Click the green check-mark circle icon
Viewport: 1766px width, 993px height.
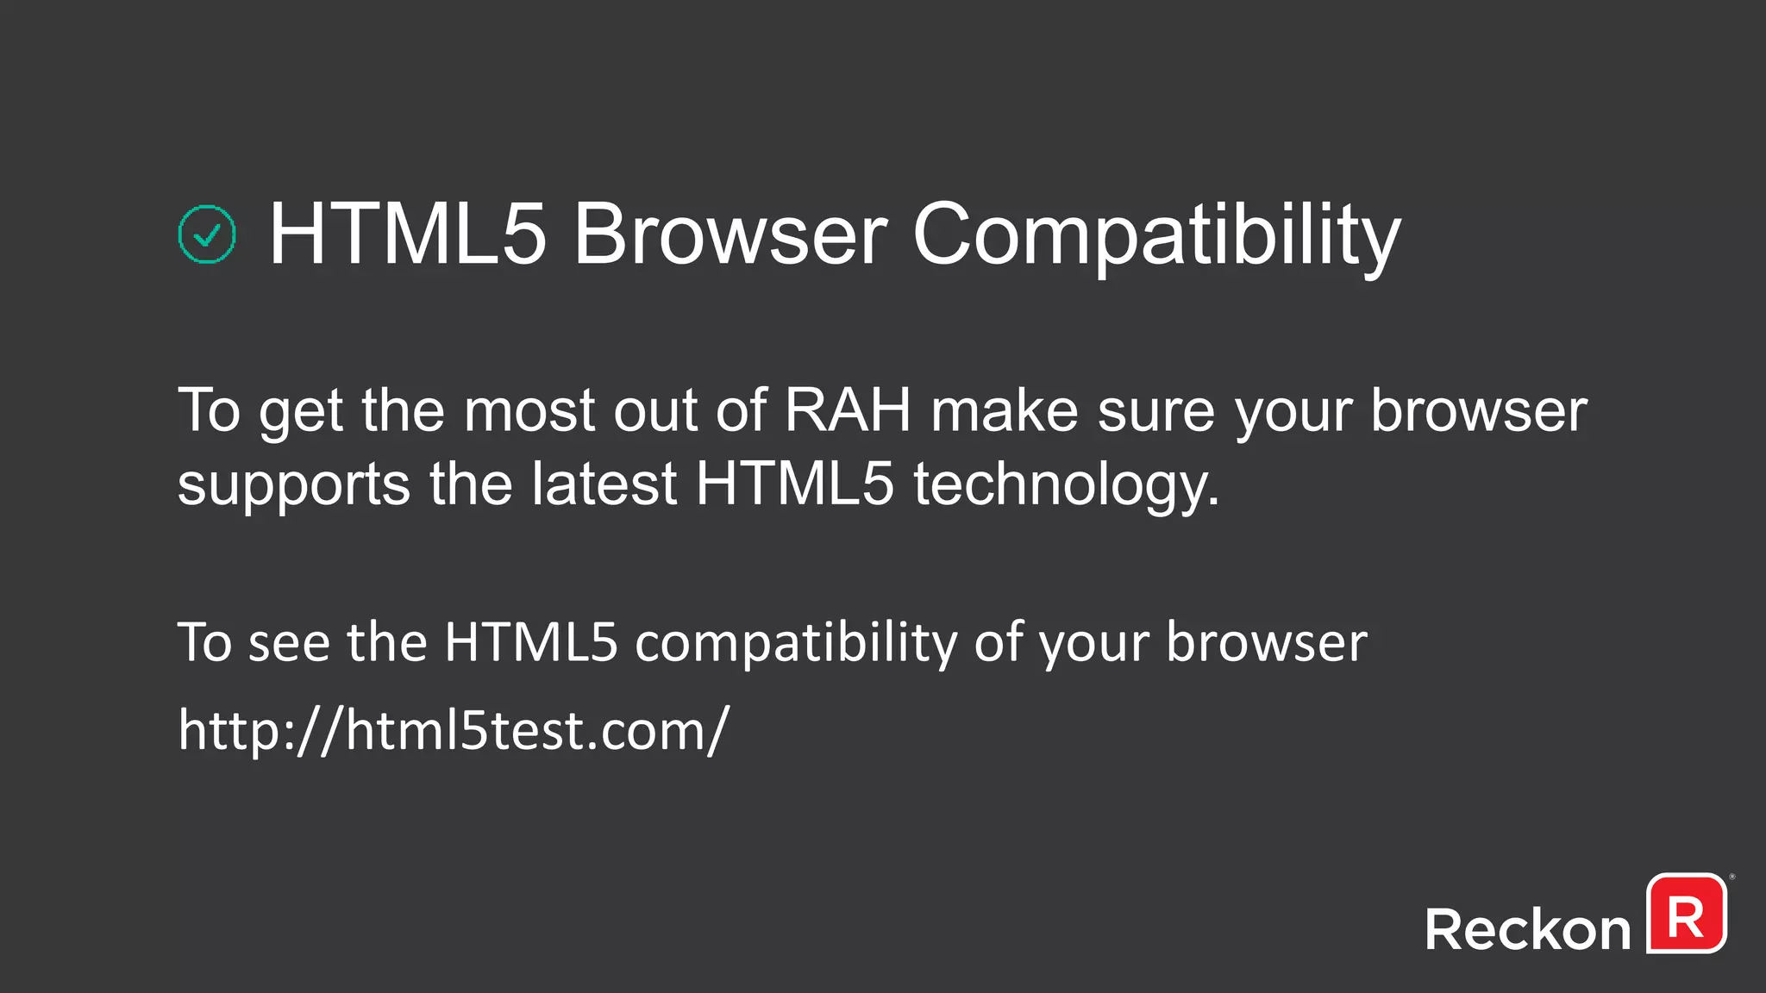pyautogui.click(x=207, y=234)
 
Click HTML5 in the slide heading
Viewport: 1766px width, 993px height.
pyautogui.click(x=408, y=234)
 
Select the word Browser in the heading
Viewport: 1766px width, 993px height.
pyautogui.click(x=730, y=234)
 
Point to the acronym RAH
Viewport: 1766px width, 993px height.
pyautogui.click(x=848, y=410)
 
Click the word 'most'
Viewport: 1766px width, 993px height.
pyautogui.click(x=529, y=410)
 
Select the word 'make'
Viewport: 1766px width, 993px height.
pyautogui.click(x=1005, y=410)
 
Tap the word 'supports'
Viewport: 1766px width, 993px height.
pyautogui.click(x=293, y=485)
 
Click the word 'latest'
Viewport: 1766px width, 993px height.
pyautogui.click(x=604, y=484)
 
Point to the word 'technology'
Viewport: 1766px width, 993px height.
pyautogui.click(x=1066, y=485)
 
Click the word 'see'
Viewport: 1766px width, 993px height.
pyautogui.click(x=289, y=643)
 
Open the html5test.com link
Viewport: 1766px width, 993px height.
pyautogui.click(x=454, y=731)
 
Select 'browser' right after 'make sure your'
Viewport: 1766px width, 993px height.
pyautogui.click(x=1479, y=410)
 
